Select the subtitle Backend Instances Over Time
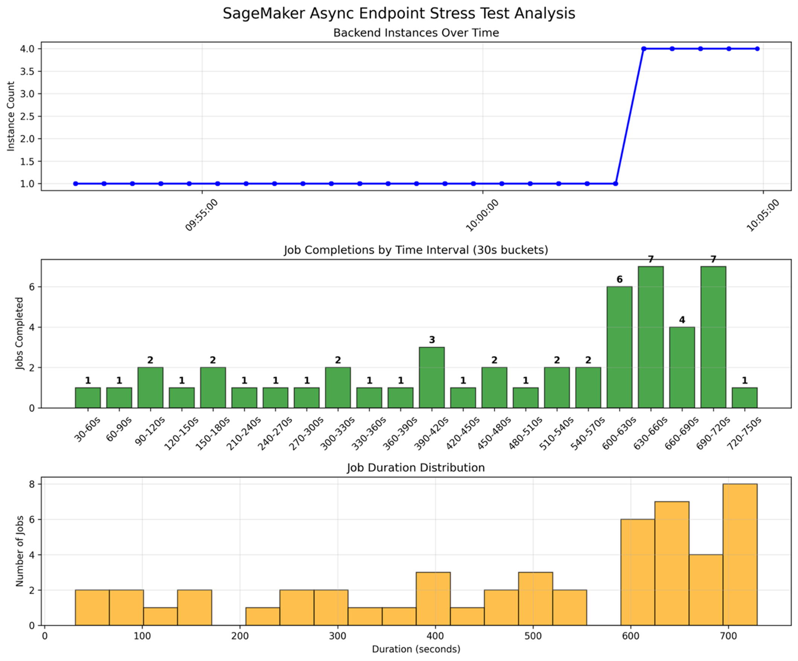(x=416, y=33)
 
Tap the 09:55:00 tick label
(x=201, y=215)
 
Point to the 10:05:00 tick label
(x=763, y=215)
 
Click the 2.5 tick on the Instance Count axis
(x=27, y=116)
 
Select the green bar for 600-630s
(x=619, y=347)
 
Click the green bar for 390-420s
(x=432, y=377)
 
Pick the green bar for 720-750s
(x=745, y=398)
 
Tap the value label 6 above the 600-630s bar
(x=619, y=280)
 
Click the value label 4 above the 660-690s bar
(x=682, y=320)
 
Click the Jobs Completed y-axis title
(x=20, y=333)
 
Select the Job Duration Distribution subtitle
(x=416, y=467)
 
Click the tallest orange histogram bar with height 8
(x=740, y=554)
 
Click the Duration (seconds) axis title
(x=416, y=649)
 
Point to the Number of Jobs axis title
(x=20, y=551)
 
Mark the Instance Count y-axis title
(x=11, y=116)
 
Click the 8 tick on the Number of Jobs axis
(x=32, y=484)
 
